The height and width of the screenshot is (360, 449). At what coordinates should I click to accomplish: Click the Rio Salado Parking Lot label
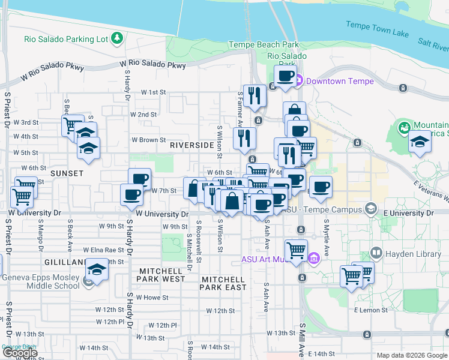(66, 40)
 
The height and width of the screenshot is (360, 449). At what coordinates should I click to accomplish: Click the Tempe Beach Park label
(264, 45)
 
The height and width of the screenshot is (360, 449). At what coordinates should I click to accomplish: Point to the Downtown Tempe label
(340, 81)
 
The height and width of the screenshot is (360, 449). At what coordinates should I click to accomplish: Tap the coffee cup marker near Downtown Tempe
(286, 76)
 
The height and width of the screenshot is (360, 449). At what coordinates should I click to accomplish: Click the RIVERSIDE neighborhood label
(192, 145)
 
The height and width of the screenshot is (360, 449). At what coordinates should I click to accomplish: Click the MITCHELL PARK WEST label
(161, 275)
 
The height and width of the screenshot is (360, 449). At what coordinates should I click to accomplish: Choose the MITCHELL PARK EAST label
(223, 283)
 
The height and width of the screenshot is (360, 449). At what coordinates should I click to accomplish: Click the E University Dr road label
(408, 213)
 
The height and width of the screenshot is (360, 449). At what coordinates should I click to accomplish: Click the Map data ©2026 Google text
(411, 355)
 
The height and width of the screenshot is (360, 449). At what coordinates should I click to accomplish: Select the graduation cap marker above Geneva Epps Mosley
(96, 269)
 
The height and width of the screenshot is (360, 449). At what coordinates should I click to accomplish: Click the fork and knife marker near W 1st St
(255, 95)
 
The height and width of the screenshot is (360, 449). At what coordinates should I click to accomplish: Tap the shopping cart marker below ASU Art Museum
(296, 250)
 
